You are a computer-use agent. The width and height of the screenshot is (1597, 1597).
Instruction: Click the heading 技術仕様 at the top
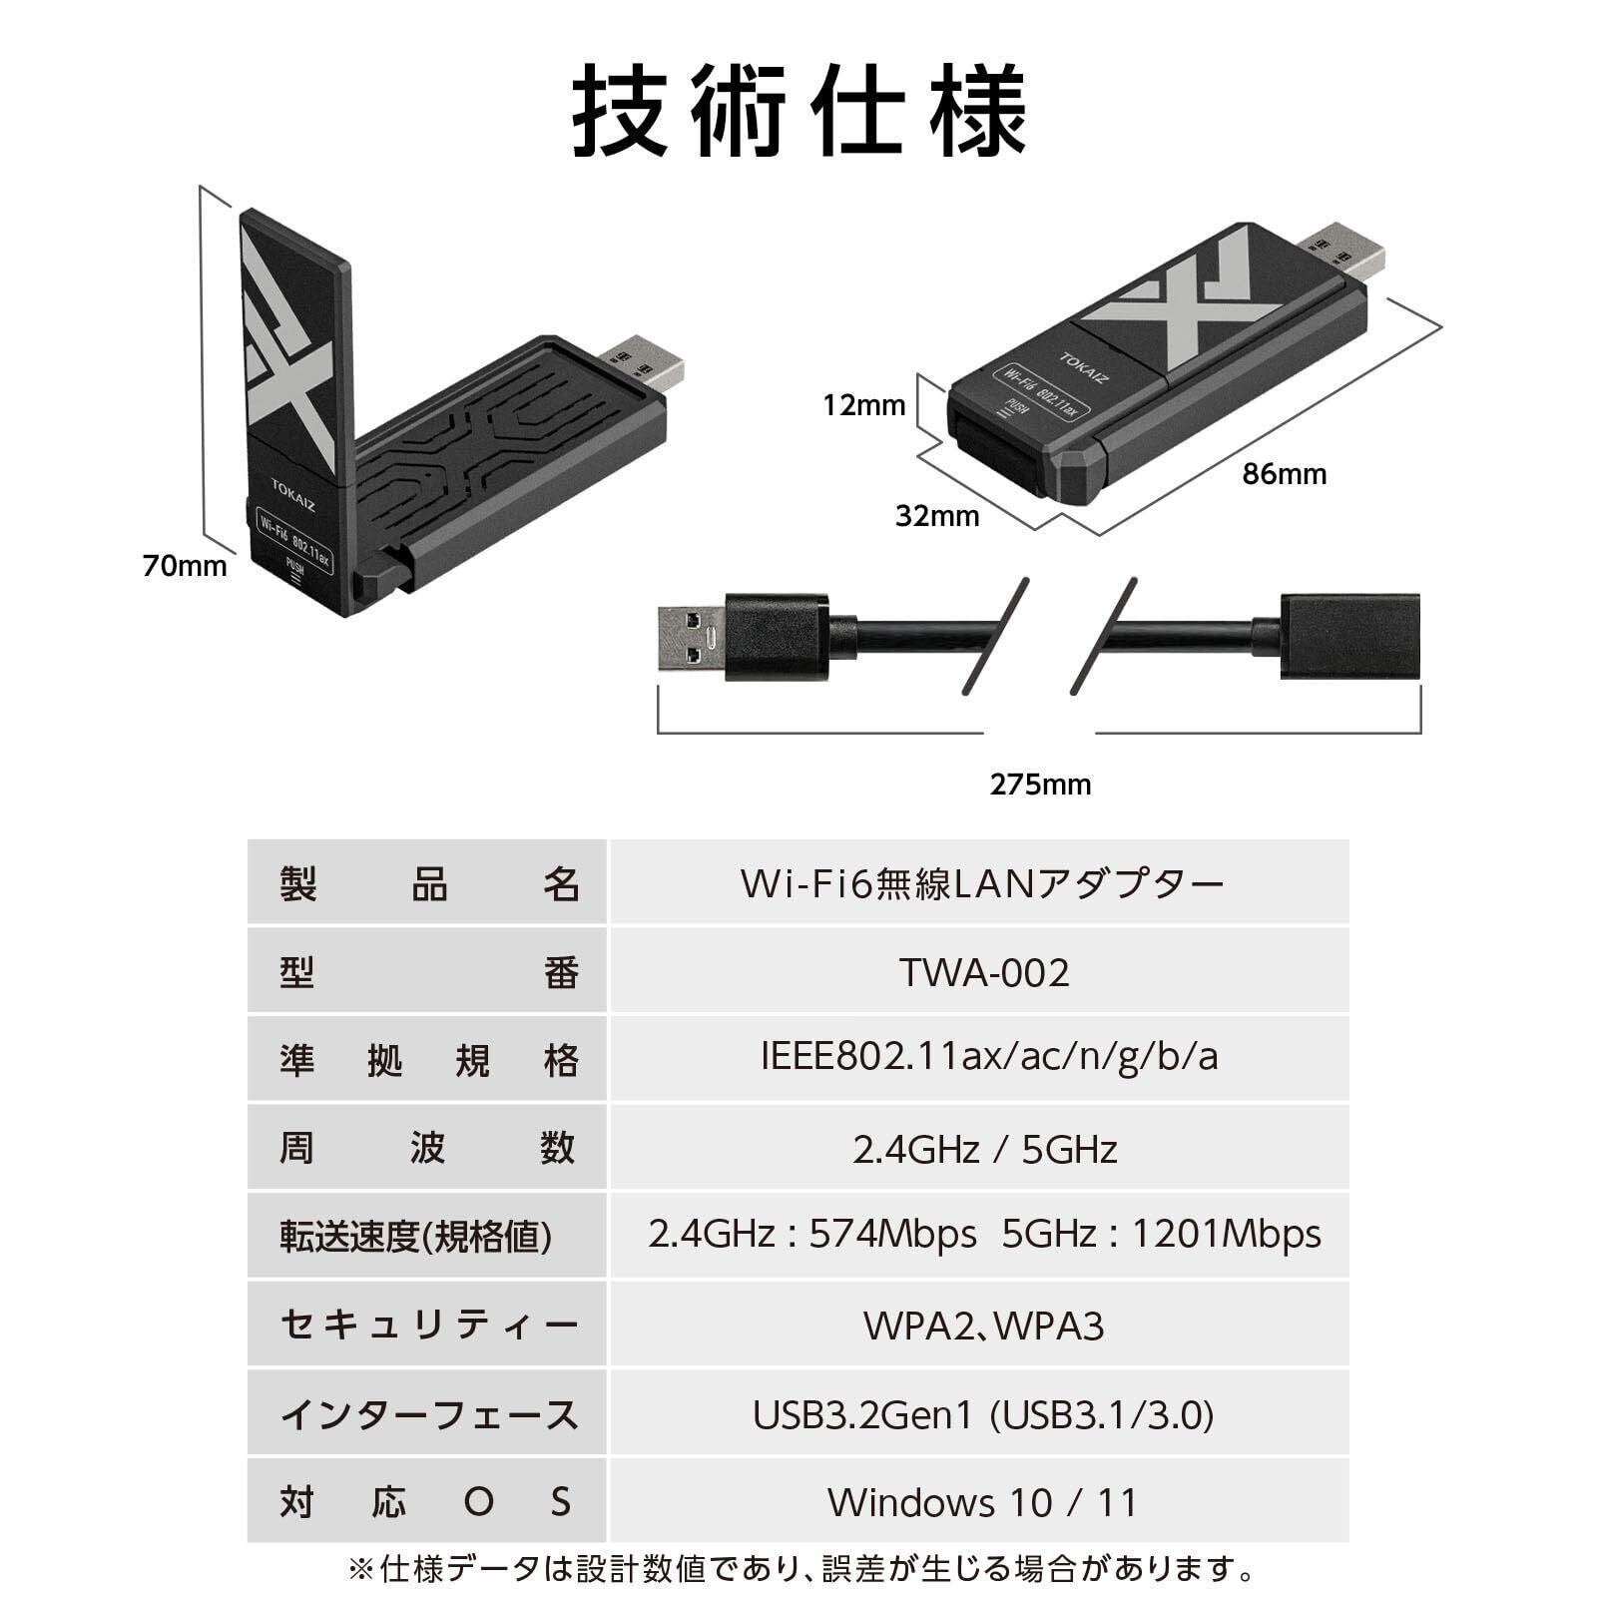(x=798, y=110)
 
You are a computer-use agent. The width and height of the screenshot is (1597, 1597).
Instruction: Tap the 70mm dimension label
(x=185, y=566)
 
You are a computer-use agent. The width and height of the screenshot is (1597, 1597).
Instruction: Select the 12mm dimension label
(x=863, y=405)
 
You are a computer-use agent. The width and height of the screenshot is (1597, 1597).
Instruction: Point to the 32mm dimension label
(x=936, y=516)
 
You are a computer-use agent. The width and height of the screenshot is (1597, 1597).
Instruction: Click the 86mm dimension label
(x=1284, y=474)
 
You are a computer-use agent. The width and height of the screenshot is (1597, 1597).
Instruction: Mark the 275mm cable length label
(x=1040, y=785)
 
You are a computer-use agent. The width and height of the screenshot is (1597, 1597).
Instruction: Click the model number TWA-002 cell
(x=983, y=972)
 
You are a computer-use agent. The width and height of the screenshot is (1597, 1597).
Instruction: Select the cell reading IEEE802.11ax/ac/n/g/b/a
(x=988, y=1057)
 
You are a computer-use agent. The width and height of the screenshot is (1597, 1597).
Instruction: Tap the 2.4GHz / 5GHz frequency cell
(x=983, y=1150)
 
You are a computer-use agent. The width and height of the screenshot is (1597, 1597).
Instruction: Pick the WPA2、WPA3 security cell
(x=983, y=1327)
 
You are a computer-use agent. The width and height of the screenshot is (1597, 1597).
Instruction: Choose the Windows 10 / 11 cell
(x=983, y=1502)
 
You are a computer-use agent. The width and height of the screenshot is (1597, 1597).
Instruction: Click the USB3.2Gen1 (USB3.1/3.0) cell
(x=983, y=1415)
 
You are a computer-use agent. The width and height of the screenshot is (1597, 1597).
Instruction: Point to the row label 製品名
(x=428, y=884)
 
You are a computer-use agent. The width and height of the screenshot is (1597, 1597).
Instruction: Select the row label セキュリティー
(x=428, y=1327)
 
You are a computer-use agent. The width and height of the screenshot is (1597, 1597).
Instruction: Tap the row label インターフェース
(x=428, y=1415)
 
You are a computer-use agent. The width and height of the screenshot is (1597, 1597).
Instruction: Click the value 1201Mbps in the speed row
(x=1226, y=1236)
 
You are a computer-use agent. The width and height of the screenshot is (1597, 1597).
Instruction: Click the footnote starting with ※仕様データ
(x=798, y=1569)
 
